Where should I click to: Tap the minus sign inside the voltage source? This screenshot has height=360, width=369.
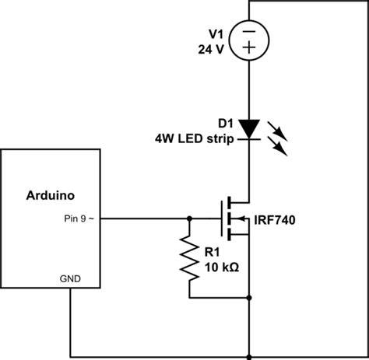pos(249,33)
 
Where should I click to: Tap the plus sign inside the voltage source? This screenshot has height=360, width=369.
pos(249,47)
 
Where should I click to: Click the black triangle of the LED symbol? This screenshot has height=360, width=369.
pos(249,128)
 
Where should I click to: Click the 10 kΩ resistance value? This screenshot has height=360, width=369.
pos(220,266)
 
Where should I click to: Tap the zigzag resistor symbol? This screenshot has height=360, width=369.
pos(188,259)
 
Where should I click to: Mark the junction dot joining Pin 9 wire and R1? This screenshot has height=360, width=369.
pos(188,218)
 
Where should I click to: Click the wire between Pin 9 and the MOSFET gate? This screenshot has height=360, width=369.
pos(148,218)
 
